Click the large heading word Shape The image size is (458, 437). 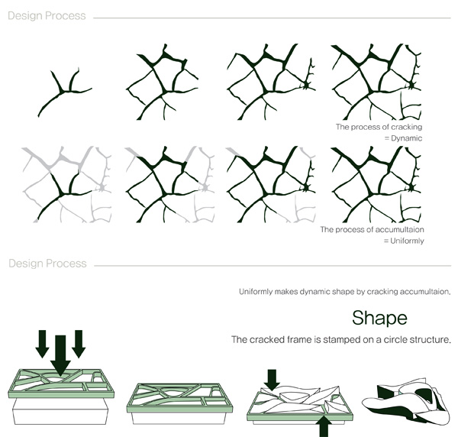379,319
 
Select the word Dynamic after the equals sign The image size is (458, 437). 406,138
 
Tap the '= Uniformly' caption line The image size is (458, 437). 404,241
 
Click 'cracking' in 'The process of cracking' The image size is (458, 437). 407,127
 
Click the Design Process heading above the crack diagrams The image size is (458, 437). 47,16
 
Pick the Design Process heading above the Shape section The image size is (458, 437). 47,264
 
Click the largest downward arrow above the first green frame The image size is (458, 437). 60,355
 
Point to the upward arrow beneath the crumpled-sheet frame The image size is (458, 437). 324,427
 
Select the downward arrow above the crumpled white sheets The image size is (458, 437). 272,380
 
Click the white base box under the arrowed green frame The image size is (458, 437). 60,412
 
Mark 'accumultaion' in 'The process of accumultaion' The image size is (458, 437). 399,230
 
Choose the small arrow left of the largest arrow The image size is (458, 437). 42,344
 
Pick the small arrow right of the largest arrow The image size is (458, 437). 79,344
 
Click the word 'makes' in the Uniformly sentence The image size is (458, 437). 282,292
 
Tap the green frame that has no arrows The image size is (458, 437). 179,398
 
